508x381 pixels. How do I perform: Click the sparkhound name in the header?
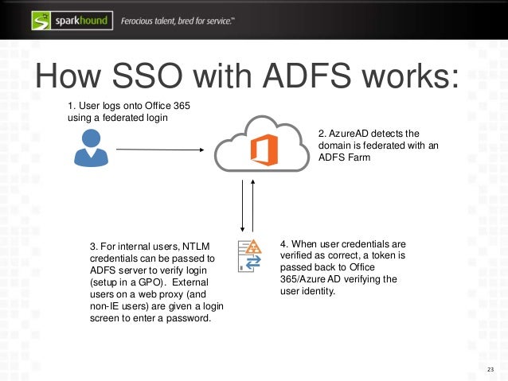(x=81, y=19)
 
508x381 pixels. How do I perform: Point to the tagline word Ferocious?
(x=143, y=19)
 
